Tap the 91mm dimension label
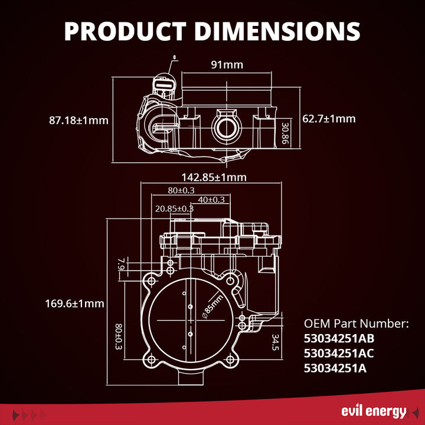[x=227, y=64]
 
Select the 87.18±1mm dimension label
[x=79, y=120]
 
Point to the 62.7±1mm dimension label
[x=329, y=119]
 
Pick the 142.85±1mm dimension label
[x=213, y=177]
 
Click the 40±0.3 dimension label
[x=211, y=200]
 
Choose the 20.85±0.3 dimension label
[x=174, y=208]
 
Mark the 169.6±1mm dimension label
[x=74, y=303]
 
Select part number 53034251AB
[x=339, y=339]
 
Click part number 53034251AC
[x=339, y=354]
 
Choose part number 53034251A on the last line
[x=335, y=368]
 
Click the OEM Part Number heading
[x=356, y=324]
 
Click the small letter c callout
[x=175, y=58]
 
